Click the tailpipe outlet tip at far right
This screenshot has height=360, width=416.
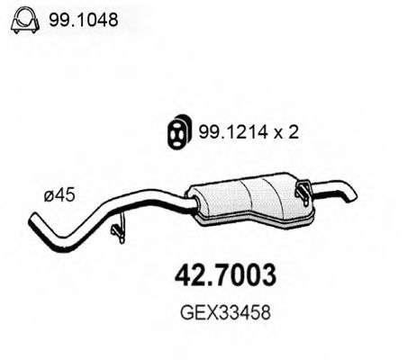click(352, 194)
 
